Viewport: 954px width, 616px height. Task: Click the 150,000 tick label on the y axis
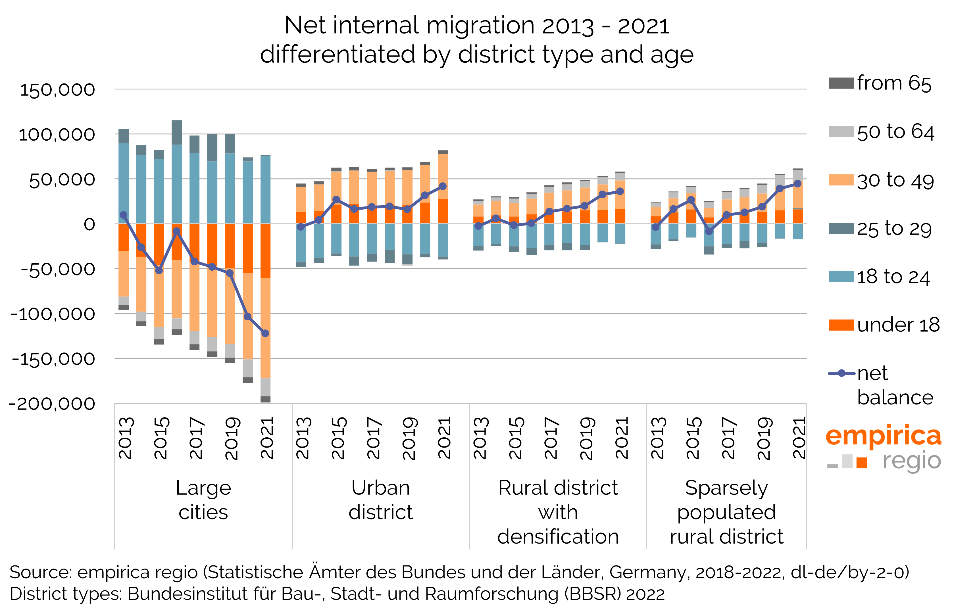[57, 90]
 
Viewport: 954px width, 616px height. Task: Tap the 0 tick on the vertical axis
[89, 224]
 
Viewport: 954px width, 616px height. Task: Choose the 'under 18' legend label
[898, 325]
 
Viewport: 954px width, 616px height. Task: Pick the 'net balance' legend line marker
[841, 373]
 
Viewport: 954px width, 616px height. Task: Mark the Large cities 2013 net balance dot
[124, 215]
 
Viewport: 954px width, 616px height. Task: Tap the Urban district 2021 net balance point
[443, 186]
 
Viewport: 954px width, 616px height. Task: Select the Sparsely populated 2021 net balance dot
[797, 183]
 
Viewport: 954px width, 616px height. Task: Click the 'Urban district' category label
[381, 500]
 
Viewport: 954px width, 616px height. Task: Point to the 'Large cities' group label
[203, 500]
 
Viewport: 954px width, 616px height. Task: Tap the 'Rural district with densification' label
[558, 512]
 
